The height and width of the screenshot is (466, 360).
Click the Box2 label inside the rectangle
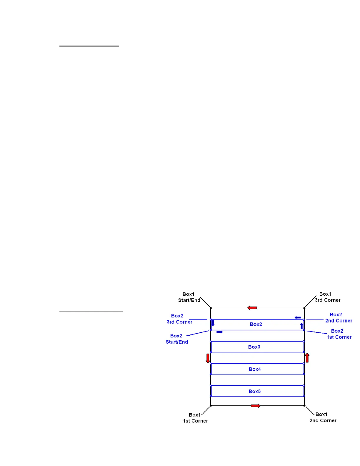point(256,324)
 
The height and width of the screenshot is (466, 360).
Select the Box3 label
point(254,347)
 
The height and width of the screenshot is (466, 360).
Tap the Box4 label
point(255,369)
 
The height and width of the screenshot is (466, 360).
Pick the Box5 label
point(255,391)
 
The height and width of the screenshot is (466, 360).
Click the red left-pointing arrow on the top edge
point(252,308)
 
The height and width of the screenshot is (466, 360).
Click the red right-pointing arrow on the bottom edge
point(255,406)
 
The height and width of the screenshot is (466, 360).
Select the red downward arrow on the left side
point(208,358)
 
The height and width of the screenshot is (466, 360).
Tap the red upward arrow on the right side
point(307,358)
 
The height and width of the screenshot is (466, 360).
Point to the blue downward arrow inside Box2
point(213,323)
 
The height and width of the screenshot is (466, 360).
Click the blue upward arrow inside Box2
point(301,326)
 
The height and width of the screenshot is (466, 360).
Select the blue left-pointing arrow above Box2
point(298,318)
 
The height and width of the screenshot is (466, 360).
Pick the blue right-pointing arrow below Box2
point(219,332)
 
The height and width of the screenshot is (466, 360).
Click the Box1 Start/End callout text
point(189,297)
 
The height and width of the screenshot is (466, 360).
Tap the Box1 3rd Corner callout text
point(327,297)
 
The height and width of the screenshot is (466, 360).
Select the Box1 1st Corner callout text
point(195,418)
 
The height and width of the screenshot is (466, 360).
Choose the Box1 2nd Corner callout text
point(323,417)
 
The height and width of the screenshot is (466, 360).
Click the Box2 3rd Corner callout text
point(179,319)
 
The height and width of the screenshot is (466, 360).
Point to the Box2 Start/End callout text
point(177,339)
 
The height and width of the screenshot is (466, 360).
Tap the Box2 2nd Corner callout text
point(338,318)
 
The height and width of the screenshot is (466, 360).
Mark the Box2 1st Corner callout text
point(339,334)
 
